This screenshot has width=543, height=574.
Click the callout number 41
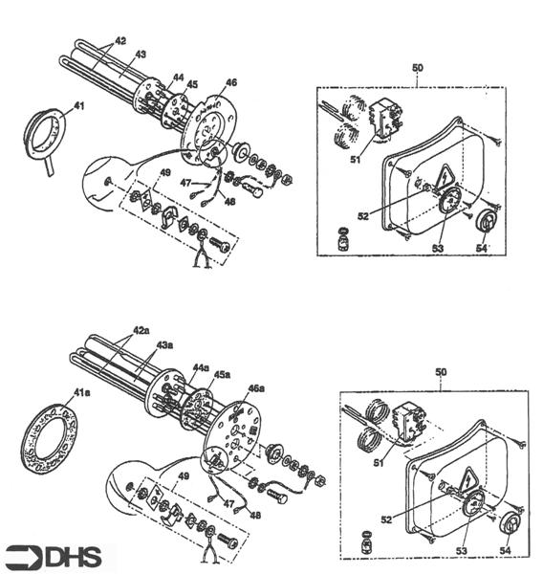[78, 106]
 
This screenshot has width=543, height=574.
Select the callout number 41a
[81, 392]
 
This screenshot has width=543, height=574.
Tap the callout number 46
[231, 82]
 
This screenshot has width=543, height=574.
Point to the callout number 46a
[256, 388]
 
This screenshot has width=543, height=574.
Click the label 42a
[141, 330]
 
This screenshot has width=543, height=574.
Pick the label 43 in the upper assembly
[141, 55]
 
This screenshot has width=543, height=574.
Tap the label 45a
[222, 375]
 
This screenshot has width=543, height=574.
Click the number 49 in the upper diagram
[165, 172]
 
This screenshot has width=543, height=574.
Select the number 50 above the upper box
[418, 68]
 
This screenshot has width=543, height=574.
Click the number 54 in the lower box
[506, 550]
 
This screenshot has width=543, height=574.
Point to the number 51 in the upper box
[356, 159]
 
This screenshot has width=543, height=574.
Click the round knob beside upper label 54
[487, 221]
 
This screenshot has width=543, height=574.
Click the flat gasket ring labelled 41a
[49, 437]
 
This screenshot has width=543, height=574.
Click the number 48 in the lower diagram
[255, 515]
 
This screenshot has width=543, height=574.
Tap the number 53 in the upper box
[438, 248]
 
